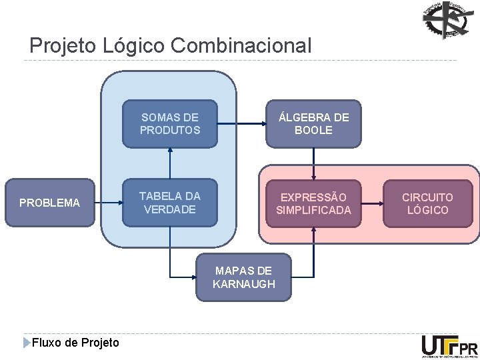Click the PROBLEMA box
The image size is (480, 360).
coord(49,203)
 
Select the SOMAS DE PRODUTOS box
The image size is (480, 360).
coord(170,123)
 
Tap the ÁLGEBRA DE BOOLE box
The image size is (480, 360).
coord(313,123)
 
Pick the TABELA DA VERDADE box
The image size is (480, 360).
coord(170,203)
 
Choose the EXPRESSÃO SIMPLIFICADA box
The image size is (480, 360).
coord(313,203)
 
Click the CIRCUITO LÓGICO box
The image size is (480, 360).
coord(427,203)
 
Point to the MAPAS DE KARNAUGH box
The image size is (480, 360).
coord(244,277)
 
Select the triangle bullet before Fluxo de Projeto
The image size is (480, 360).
coord(27,343)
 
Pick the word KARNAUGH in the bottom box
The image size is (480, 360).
coord(244,284)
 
